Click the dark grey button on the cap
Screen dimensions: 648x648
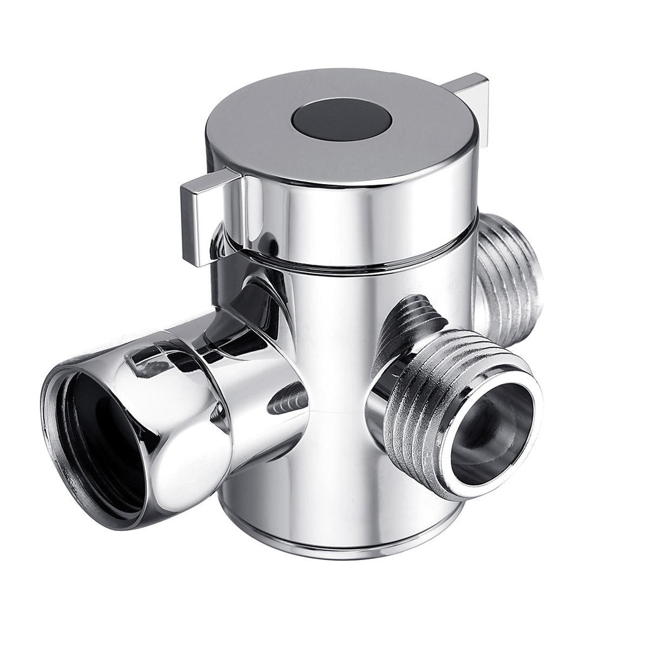[x=342, y=119]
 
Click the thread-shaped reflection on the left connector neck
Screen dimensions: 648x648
[x=291, y=399]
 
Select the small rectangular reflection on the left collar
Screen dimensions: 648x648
[x=146, y=364]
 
